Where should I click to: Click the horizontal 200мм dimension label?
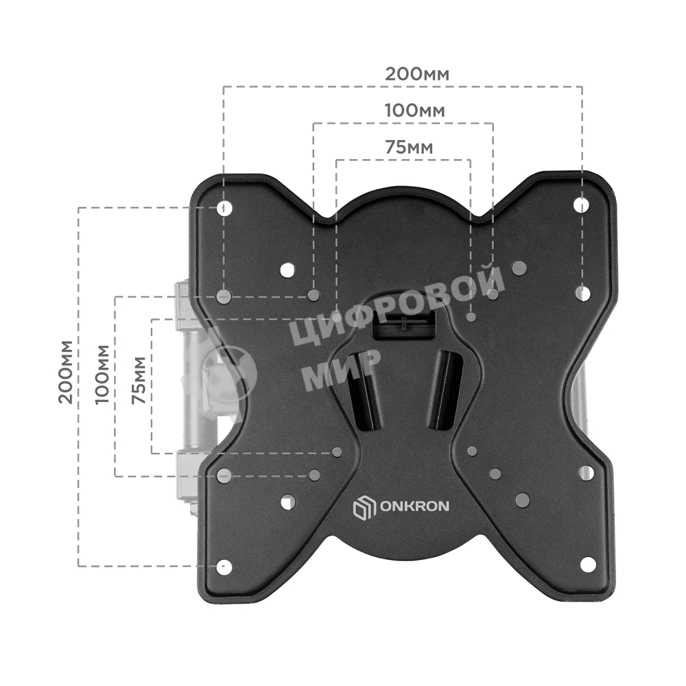pos(417,74)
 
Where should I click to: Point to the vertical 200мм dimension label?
pos(66,370)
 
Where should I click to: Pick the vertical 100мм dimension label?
pos(102,374)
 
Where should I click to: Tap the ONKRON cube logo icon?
pos(364,508)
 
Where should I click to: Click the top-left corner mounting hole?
pos(224,207)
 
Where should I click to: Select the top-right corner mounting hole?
pos(582,204)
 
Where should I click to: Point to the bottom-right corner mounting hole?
pos(587,564)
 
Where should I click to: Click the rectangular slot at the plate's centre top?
pos(405,323)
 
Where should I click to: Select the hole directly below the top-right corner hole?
pos(582,294)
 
